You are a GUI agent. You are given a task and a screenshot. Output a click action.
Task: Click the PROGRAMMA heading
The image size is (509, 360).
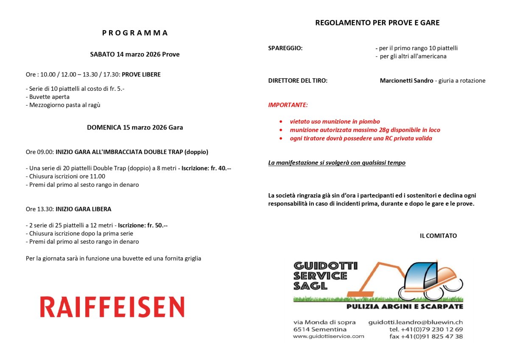(x=135, y=33)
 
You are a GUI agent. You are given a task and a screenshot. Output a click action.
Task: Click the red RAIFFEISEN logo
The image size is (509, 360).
(x=112, y=307)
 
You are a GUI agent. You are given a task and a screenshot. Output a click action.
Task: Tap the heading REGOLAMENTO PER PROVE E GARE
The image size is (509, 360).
(x=377, y=23)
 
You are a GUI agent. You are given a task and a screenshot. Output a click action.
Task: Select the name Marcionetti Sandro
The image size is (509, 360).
(x=406, y=81)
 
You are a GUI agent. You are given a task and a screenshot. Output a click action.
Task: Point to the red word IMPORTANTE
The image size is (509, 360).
(x=288, y=105)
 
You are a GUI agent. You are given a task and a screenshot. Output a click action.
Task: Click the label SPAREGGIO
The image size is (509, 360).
(x=285, y=48)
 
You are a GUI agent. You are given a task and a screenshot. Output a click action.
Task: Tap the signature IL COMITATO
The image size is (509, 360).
(x=438, y=236)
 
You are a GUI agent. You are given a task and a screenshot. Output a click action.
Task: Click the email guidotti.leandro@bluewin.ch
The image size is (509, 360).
(x=415, y=322)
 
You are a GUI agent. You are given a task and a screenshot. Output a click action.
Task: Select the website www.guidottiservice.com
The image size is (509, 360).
(x=328, y=336)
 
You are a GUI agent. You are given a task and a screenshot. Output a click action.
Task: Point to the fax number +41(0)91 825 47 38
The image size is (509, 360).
(x=426, y=336)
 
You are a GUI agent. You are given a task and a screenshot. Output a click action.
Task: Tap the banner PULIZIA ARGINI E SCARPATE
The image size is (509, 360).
(x=404, y=307)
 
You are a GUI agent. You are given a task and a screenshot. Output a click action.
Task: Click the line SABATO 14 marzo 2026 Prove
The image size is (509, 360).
(x=135, y=54)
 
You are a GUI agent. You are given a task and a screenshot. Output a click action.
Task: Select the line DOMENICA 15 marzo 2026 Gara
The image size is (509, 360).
(x=135, y=127)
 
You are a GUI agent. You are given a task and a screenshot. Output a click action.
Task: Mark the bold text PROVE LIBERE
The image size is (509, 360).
(x=141, y=75)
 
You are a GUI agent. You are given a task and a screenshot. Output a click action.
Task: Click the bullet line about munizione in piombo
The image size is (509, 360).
(x=335, y=122)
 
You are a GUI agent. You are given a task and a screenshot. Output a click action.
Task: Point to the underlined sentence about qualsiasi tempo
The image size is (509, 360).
(x=337, y=163)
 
